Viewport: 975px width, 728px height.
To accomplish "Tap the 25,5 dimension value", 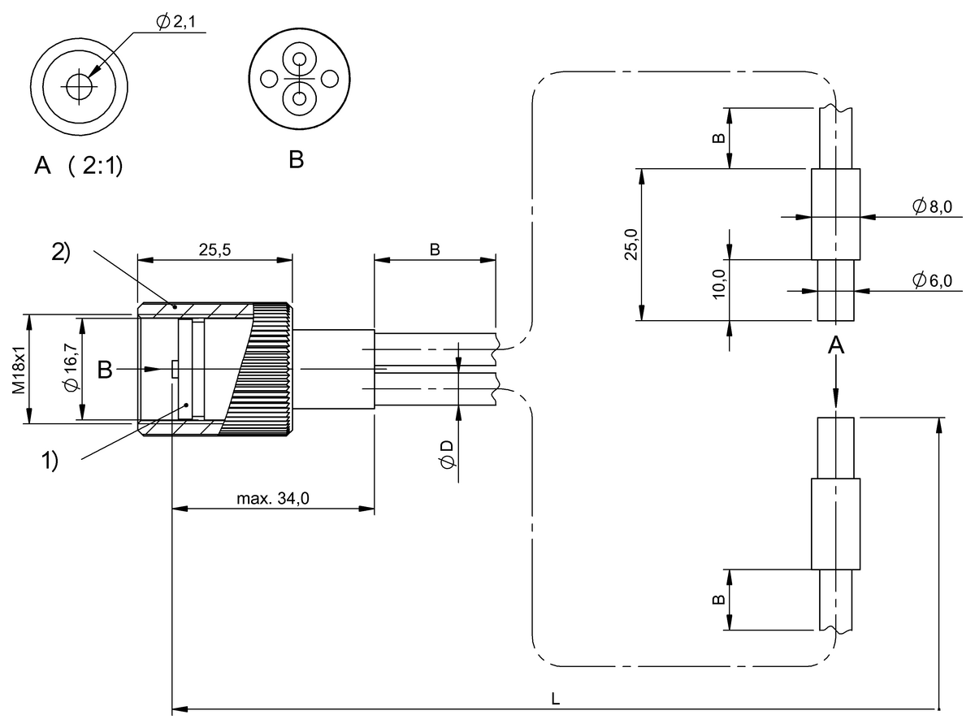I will [214, 250].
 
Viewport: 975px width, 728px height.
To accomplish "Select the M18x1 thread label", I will [18, 370].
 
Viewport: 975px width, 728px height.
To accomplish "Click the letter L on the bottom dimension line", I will [556, 698].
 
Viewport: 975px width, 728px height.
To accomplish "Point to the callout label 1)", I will [50, 461].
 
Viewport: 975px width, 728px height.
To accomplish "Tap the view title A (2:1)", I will [78, 167].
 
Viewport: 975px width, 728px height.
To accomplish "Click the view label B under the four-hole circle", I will [297, 159].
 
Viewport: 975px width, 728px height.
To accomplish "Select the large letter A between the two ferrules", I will [835, 347].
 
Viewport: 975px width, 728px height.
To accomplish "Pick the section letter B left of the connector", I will [106, 370].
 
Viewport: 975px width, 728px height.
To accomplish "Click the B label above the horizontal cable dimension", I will [435, 250].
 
